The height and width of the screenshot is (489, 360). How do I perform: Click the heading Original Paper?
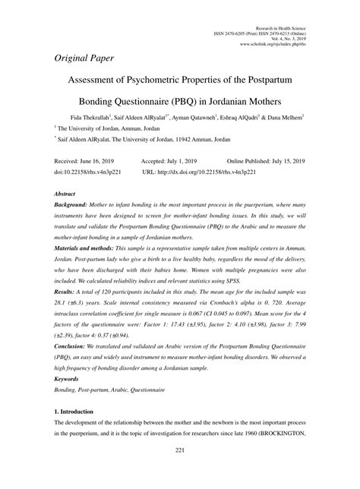[x=84, y=59]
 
